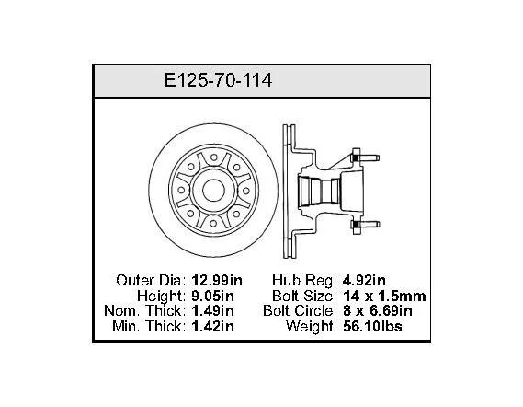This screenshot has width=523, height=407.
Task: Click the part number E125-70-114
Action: pyautogui.click(x=218, y=80)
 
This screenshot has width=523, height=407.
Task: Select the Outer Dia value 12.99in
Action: pyautogui.click(x=217, y=280)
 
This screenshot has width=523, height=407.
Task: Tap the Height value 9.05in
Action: pyautogui.click(x=213, y=296)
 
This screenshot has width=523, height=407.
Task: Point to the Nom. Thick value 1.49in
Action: pyautogui.click(x=213, y=310)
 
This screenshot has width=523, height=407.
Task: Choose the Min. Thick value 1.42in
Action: pyautogui.click(x=213, y=326)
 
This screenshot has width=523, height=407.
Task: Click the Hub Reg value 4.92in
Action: pyautogui.click(x=364, y=280)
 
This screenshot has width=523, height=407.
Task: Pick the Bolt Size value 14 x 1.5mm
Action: pyautogui.click(x=384, y=296)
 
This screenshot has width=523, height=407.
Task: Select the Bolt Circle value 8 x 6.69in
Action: pyautogui.click(x=378, y=310)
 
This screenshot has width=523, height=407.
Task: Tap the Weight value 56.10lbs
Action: pyautogui.click(x=372, y=326)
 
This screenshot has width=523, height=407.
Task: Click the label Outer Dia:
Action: pyautogui.click(x=151, y=280)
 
